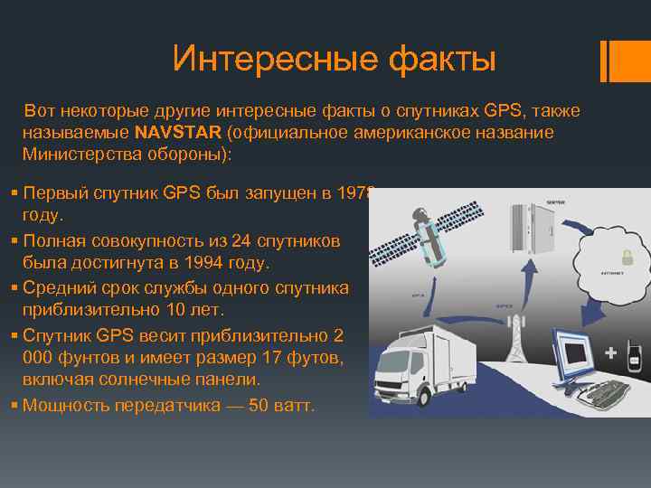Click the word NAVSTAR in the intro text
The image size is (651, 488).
coord(177,134)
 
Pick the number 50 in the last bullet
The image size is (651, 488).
coord(258,406)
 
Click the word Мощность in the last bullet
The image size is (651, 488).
coord(63,406)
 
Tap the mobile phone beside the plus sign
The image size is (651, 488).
coord(635,354)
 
